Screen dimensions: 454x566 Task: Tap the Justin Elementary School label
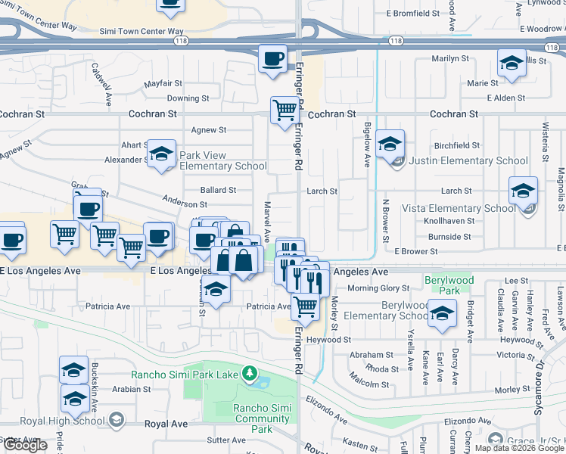pos(468,160)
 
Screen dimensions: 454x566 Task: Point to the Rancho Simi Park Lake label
pos(185,374)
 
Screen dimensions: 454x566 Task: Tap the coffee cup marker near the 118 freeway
pos(272,59)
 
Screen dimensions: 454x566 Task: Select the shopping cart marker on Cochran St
pos(285,110)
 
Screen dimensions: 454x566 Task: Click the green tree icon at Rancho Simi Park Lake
pos(248,373)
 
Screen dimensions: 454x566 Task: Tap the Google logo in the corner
pos(24,444)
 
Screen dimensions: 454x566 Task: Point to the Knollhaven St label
pos(449,222)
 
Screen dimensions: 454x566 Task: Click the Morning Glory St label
pos(378,288)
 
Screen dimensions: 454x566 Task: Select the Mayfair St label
pos(165,82)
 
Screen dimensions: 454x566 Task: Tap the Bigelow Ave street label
pos(367,144)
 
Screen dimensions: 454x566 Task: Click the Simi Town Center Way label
pos(142,33)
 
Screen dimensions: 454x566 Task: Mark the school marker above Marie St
pos(512,64)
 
